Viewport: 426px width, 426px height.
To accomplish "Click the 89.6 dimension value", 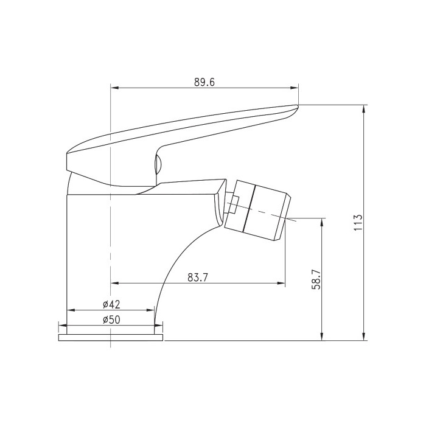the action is click(204, 82).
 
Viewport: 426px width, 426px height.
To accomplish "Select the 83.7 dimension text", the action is click(198, 278).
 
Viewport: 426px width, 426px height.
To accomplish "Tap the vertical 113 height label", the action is click(358, 222).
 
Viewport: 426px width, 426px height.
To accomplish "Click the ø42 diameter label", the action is click(111, 304).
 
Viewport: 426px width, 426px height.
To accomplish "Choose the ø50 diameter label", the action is click(111, 319).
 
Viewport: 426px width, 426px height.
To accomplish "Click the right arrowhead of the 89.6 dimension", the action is click(294, 88).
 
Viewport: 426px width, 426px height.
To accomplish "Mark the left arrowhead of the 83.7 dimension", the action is click(115, 284).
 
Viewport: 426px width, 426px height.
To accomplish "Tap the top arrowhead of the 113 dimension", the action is click(364, 109).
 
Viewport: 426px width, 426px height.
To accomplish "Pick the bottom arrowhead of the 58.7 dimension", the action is click(322, 336).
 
